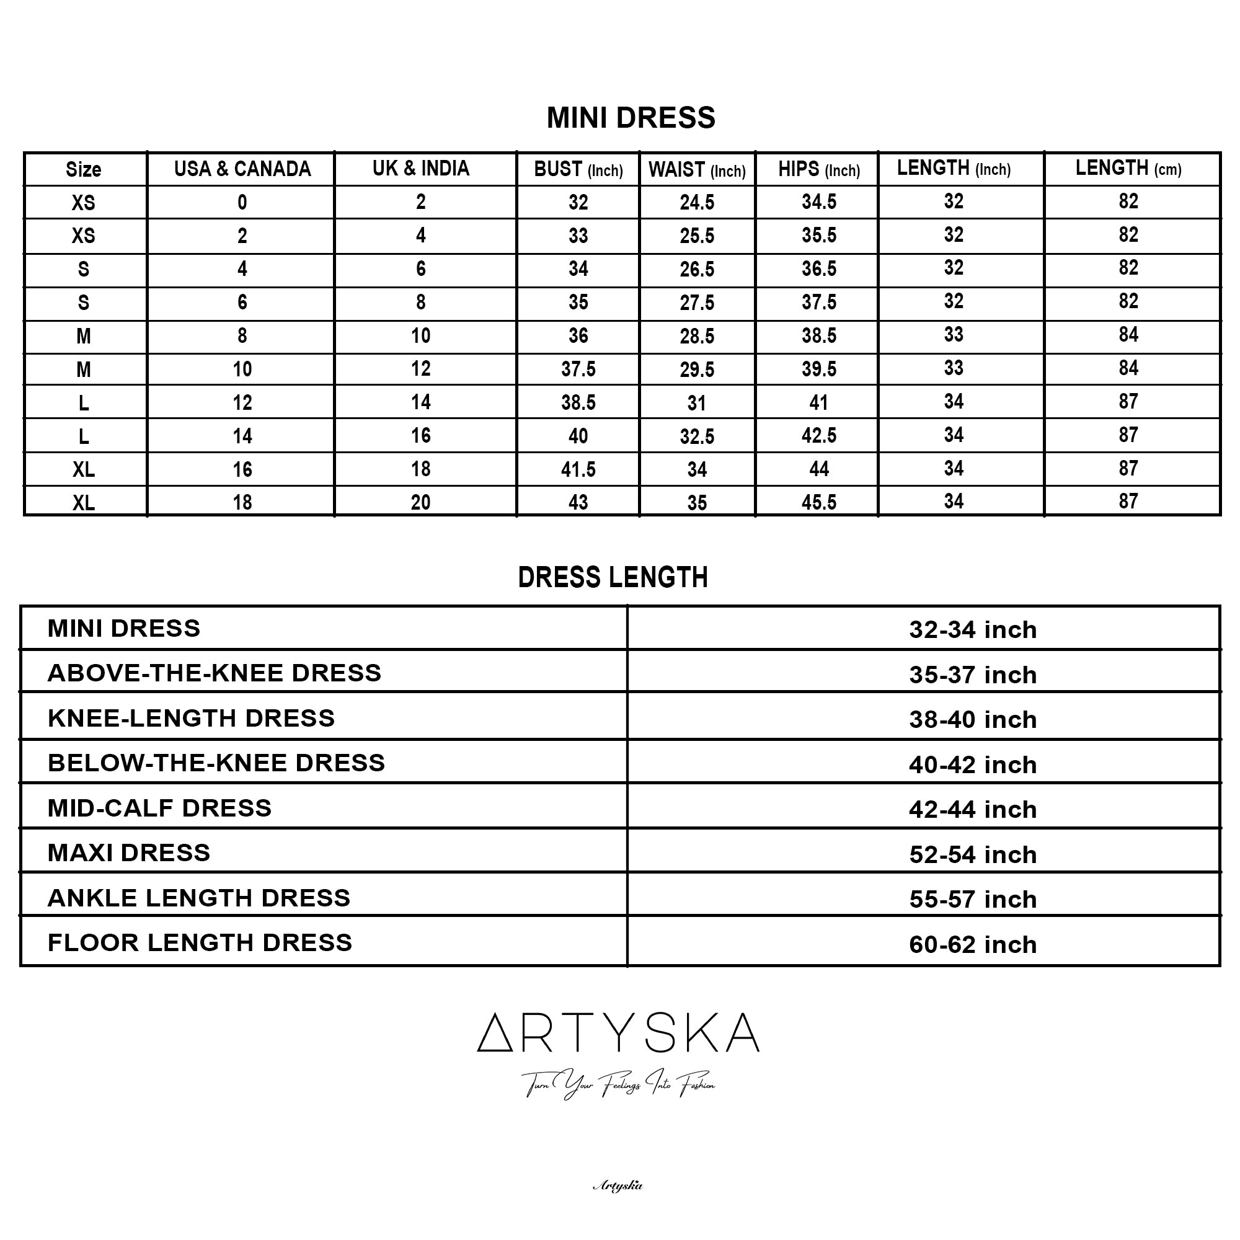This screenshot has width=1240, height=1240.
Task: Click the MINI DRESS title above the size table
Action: tap(631, 118)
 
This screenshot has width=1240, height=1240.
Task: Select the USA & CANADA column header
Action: tap(242, 169)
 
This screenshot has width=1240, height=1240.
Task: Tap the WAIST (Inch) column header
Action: tap(696, 170)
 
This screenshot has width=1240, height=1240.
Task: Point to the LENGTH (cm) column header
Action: tap(1128, 169)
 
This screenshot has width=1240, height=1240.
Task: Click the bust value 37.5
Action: tap(578, 369)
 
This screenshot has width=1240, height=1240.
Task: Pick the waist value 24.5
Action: tap(696, 203)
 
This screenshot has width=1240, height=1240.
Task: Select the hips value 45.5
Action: tap(818, 502)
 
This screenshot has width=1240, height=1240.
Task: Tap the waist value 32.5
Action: tap(696, 436)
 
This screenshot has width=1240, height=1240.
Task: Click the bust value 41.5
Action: tap(578, 469)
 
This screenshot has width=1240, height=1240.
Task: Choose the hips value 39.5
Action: tap(818, 369)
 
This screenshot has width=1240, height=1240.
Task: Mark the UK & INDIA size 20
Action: tap(420, 502)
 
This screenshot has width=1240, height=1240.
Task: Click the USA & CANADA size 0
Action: tap(242, 203)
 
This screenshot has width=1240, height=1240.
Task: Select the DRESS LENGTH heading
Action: tap(613, 578)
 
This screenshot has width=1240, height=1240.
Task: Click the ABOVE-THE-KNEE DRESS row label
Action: tap(215, 673)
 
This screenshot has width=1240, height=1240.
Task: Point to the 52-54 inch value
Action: tap(972, 854)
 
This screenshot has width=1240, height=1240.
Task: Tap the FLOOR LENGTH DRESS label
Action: tap(200, 942)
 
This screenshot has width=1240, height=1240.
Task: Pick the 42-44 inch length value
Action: tap(972, 809)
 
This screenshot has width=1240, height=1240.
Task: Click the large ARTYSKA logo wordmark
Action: tap(618, 1033)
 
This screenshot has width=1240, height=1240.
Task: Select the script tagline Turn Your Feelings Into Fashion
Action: tap(618, 1084)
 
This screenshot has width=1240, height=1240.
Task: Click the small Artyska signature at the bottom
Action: tap(618, 1185)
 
